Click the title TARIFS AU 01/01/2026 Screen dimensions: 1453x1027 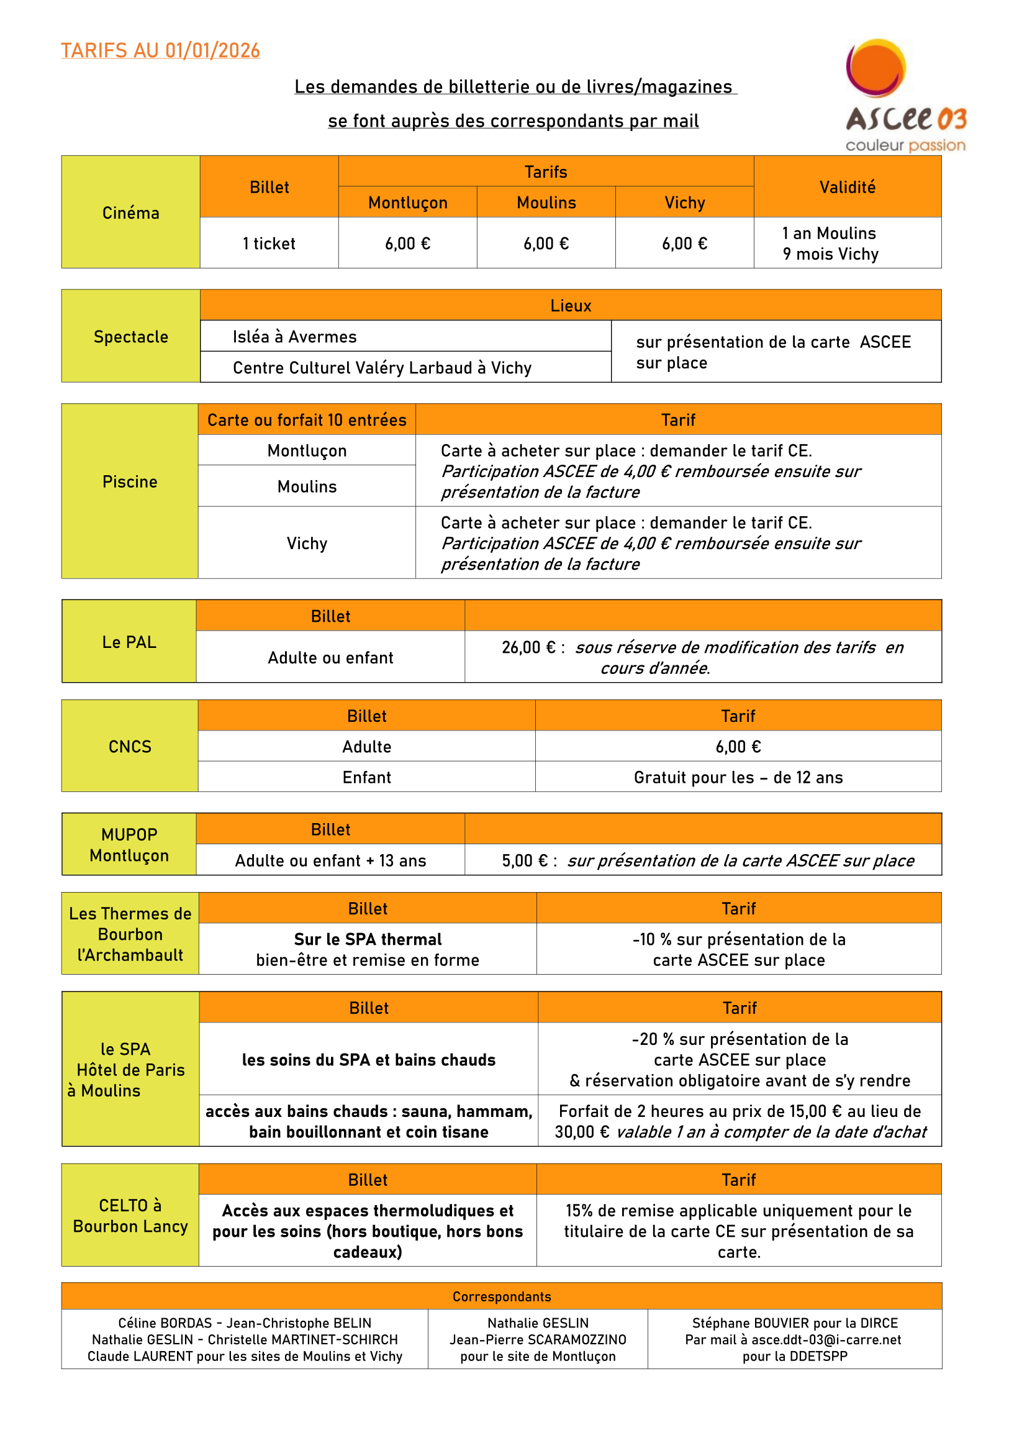coord(161,50)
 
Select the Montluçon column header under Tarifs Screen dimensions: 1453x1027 coord(408,203)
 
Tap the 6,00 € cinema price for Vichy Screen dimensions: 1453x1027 coord(684,244)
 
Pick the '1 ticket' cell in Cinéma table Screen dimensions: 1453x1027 coord(269,244)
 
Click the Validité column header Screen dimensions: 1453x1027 coord(848,188)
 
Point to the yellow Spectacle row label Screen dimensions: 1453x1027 coord(131,337)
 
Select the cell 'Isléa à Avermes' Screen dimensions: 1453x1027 coord(295,337)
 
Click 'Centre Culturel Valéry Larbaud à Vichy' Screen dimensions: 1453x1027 coord(382,368)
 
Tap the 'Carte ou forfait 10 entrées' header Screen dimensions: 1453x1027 coord(307,420)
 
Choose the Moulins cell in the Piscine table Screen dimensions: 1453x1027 coord(307,486)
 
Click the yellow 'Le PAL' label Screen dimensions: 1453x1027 coord(129,642)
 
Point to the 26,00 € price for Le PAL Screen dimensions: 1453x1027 coord(528,647)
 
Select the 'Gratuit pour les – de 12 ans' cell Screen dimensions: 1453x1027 coord(738,777)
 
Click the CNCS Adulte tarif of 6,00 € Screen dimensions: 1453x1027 coord(738,747)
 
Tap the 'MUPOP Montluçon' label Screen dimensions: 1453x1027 coord(129,845)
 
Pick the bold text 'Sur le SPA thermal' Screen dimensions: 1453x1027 coord(368,939)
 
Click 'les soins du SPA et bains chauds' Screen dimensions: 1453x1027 coord(369,1060)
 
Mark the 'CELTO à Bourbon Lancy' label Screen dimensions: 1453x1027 coord(130,1216)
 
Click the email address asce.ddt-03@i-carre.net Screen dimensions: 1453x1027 coord(826,1340)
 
